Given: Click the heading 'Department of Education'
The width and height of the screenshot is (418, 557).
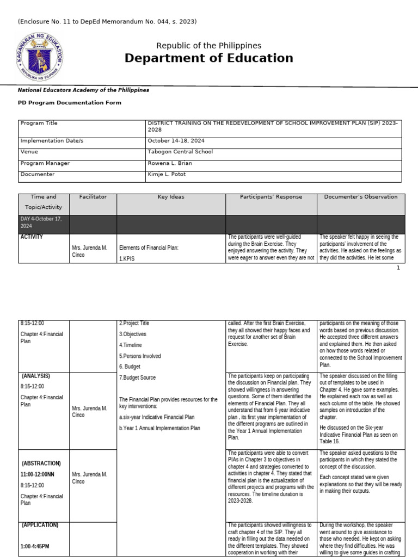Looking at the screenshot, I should pos(208,58).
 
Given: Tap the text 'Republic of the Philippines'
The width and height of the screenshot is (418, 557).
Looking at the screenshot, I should pos(208,46).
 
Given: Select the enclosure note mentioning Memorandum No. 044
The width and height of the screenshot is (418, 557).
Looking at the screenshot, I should pos(107,22).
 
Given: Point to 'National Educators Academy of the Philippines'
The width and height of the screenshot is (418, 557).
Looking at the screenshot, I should pos(83,90).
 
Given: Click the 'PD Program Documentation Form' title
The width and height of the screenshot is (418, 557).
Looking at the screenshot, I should pos(70,102).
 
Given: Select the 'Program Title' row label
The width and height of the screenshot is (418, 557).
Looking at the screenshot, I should pos(39,123).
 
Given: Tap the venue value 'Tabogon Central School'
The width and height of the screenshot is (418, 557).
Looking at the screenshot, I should pos(180,152).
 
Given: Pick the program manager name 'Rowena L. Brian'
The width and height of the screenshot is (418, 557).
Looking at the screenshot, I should pos(170,163).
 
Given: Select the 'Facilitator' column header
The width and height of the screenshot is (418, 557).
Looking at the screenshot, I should pos(93,197).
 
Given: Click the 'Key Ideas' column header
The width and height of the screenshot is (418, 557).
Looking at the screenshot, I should pos(171,197).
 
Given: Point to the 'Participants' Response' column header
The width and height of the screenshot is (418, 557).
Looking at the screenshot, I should pos(271,197).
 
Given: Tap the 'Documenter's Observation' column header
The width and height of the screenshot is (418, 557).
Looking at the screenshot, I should pos(361,197).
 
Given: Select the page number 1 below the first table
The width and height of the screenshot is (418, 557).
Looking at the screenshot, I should pos(398,268).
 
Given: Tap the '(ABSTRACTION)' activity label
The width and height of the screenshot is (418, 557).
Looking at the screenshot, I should pos(41,463).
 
